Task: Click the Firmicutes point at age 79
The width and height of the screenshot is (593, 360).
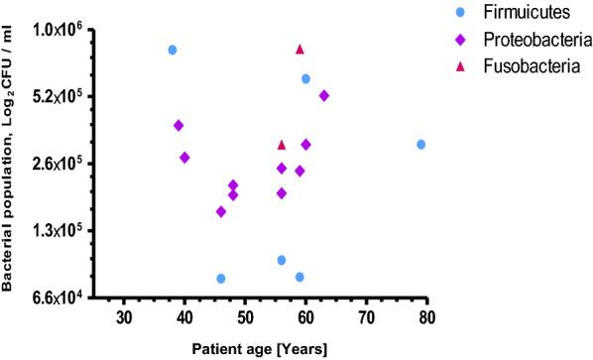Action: click(x=421, y=145)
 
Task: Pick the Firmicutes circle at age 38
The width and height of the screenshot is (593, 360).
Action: click(x=173, y=50)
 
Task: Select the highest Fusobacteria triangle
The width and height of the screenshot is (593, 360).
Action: click(x=299, y=50)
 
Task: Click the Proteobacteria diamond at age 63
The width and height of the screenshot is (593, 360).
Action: click(x=324, y=95)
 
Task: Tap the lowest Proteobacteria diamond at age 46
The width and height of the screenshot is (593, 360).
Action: click(x=221, y=211)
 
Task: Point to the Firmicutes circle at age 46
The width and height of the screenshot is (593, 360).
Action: click(x=221, y=279)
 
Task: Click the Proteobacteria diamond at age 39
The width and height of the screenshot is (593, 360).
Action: click(x=178, y=125)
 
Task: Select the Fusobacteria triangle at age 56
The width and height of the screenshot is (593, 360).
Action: click(x=282, y=145)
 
